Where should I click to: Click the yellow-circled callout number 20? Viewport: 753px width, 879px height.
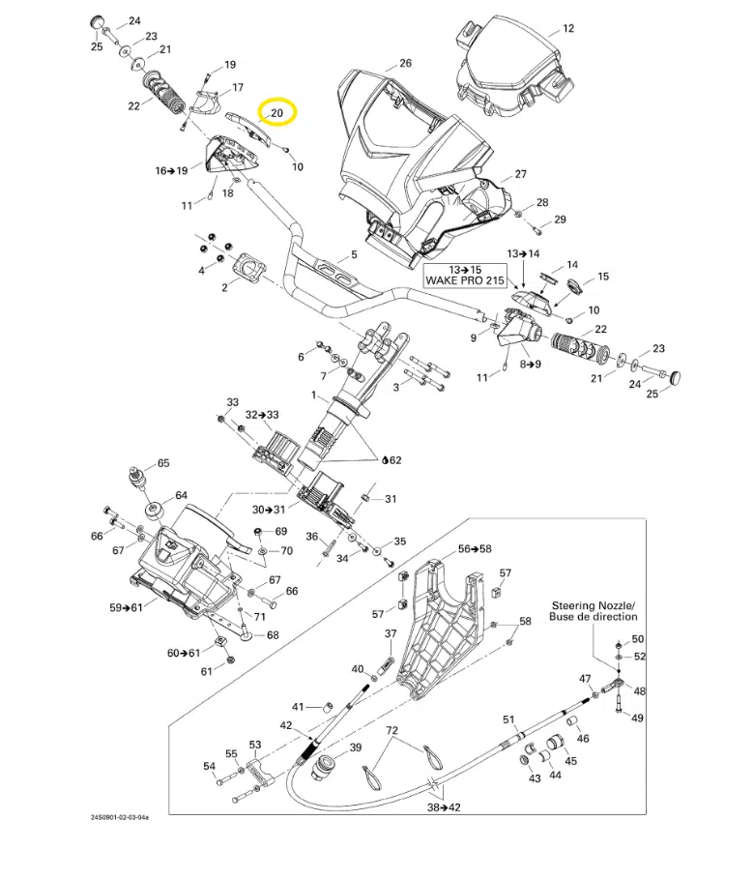(x=277, y=113)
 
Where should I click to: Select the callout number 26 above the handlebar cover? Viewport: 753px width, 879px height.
(x=405, y=64)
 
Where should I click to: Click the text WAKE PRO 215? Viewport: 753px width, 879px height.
(x=464, y=279)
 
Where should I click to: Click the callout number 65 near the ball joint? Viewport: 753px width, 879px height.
(x=162, y=463)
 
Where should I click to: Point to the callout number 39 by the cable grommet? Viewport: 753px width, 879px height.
(x=355, y=747)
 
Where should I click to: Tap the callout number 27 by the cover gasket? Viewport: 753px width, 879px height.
(x=520, y=174)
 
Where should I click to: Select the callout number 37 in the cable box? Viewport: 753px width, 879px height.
(x=391, y=633)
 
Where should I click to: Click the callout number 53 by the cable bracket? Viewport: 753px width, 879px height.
(x=255, y=745)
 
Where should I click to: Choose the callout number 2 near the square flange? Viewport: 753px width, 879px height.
(x=224, y=287)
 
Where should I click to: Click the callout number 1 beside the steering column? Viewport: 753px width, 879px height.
(x=313, y=396)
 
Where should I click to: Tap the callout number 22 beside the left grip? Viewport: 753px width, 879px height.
(x=132, y=106)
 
